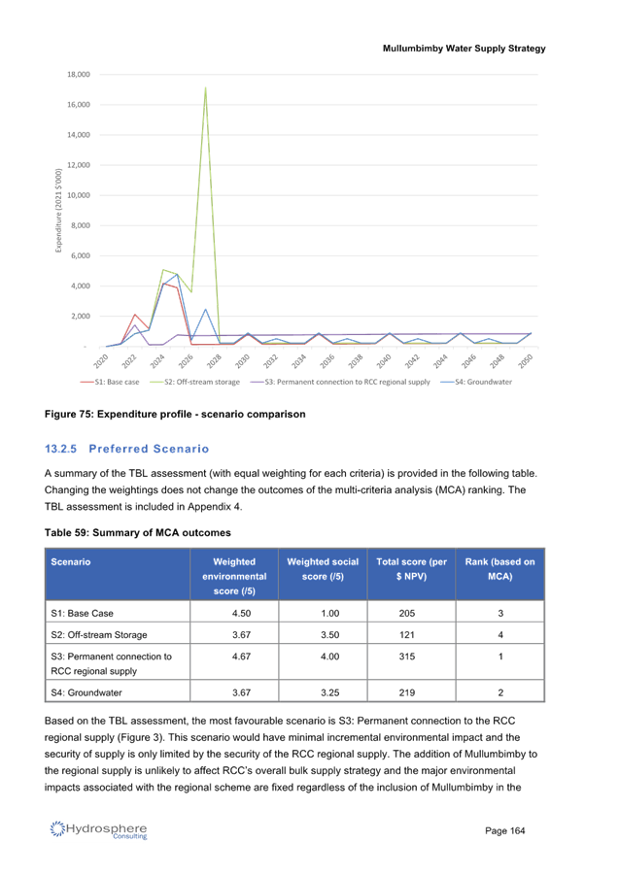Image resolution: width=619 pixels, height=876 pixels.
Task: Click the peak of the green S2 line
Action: click(206, 87)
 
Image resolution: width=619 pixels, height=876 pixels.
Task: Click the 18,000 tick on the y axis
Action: click(79, 75)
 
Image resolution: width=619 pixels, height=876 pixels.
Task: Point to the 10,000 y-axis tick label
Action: click(79, 195)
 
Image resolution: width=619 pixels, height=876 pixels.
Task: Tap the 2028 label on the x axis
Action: click(214, 361)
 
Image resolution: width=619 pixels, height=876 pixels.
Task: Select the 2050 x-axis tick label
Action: click(525, 361)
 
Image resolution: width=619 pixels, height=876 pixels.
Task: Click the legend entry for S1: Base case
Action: click(110, 382)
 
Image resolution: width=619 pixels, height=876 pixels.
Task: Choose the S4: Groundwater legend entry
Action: click(476, 382)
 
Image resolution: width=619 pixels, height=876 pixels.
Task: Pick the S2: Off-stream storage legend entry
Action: click(195, 382)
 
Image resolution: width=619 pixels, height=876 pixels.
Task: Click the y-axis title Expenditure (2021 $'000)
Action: click(58, 210)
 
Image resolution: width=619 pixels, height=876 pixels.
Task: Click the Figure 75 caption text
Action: click(175, 414)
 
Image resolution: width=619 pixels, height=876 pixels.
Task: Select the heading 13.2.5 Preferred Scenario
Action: click(127, 449)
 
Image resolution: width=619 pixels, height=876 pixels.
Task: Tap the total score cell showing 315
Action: click(407, 657)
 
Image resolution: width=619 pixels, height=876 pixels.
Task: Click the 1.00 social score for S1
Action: click(330, 613)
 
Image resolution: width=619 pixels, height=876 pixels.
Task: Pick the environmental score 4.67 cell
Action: click(242, 657)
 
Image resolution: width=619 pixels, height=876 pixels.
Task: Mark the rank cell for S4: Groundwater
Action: click(500, 692)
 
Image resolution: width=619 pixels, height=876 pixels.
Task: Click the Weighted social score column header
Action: click(323, 569)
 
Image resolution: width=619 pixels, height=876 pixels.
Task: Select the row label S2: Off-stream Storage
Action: click(99, 634)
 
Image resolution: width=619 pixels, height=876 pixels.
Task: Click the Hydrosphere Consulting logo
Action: click(98, 829)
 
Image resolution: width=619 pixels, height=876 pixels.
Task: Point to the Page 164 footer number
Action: click(505, 830)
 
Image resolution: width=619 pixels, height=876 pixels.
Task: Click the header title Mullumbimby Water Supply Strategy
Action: click(464, 49)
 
